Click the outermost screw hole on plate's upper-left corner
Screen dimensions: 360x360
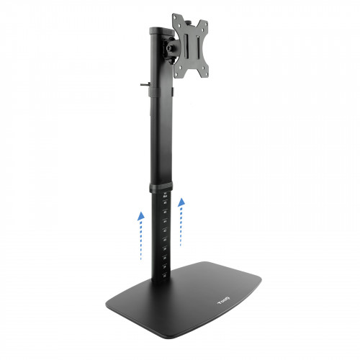(x=175, y=17)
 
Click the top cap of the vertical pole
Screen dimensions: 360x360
(x=157, y=31)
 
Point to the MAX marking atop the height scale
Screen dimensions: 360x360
(x=164, y=196)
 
